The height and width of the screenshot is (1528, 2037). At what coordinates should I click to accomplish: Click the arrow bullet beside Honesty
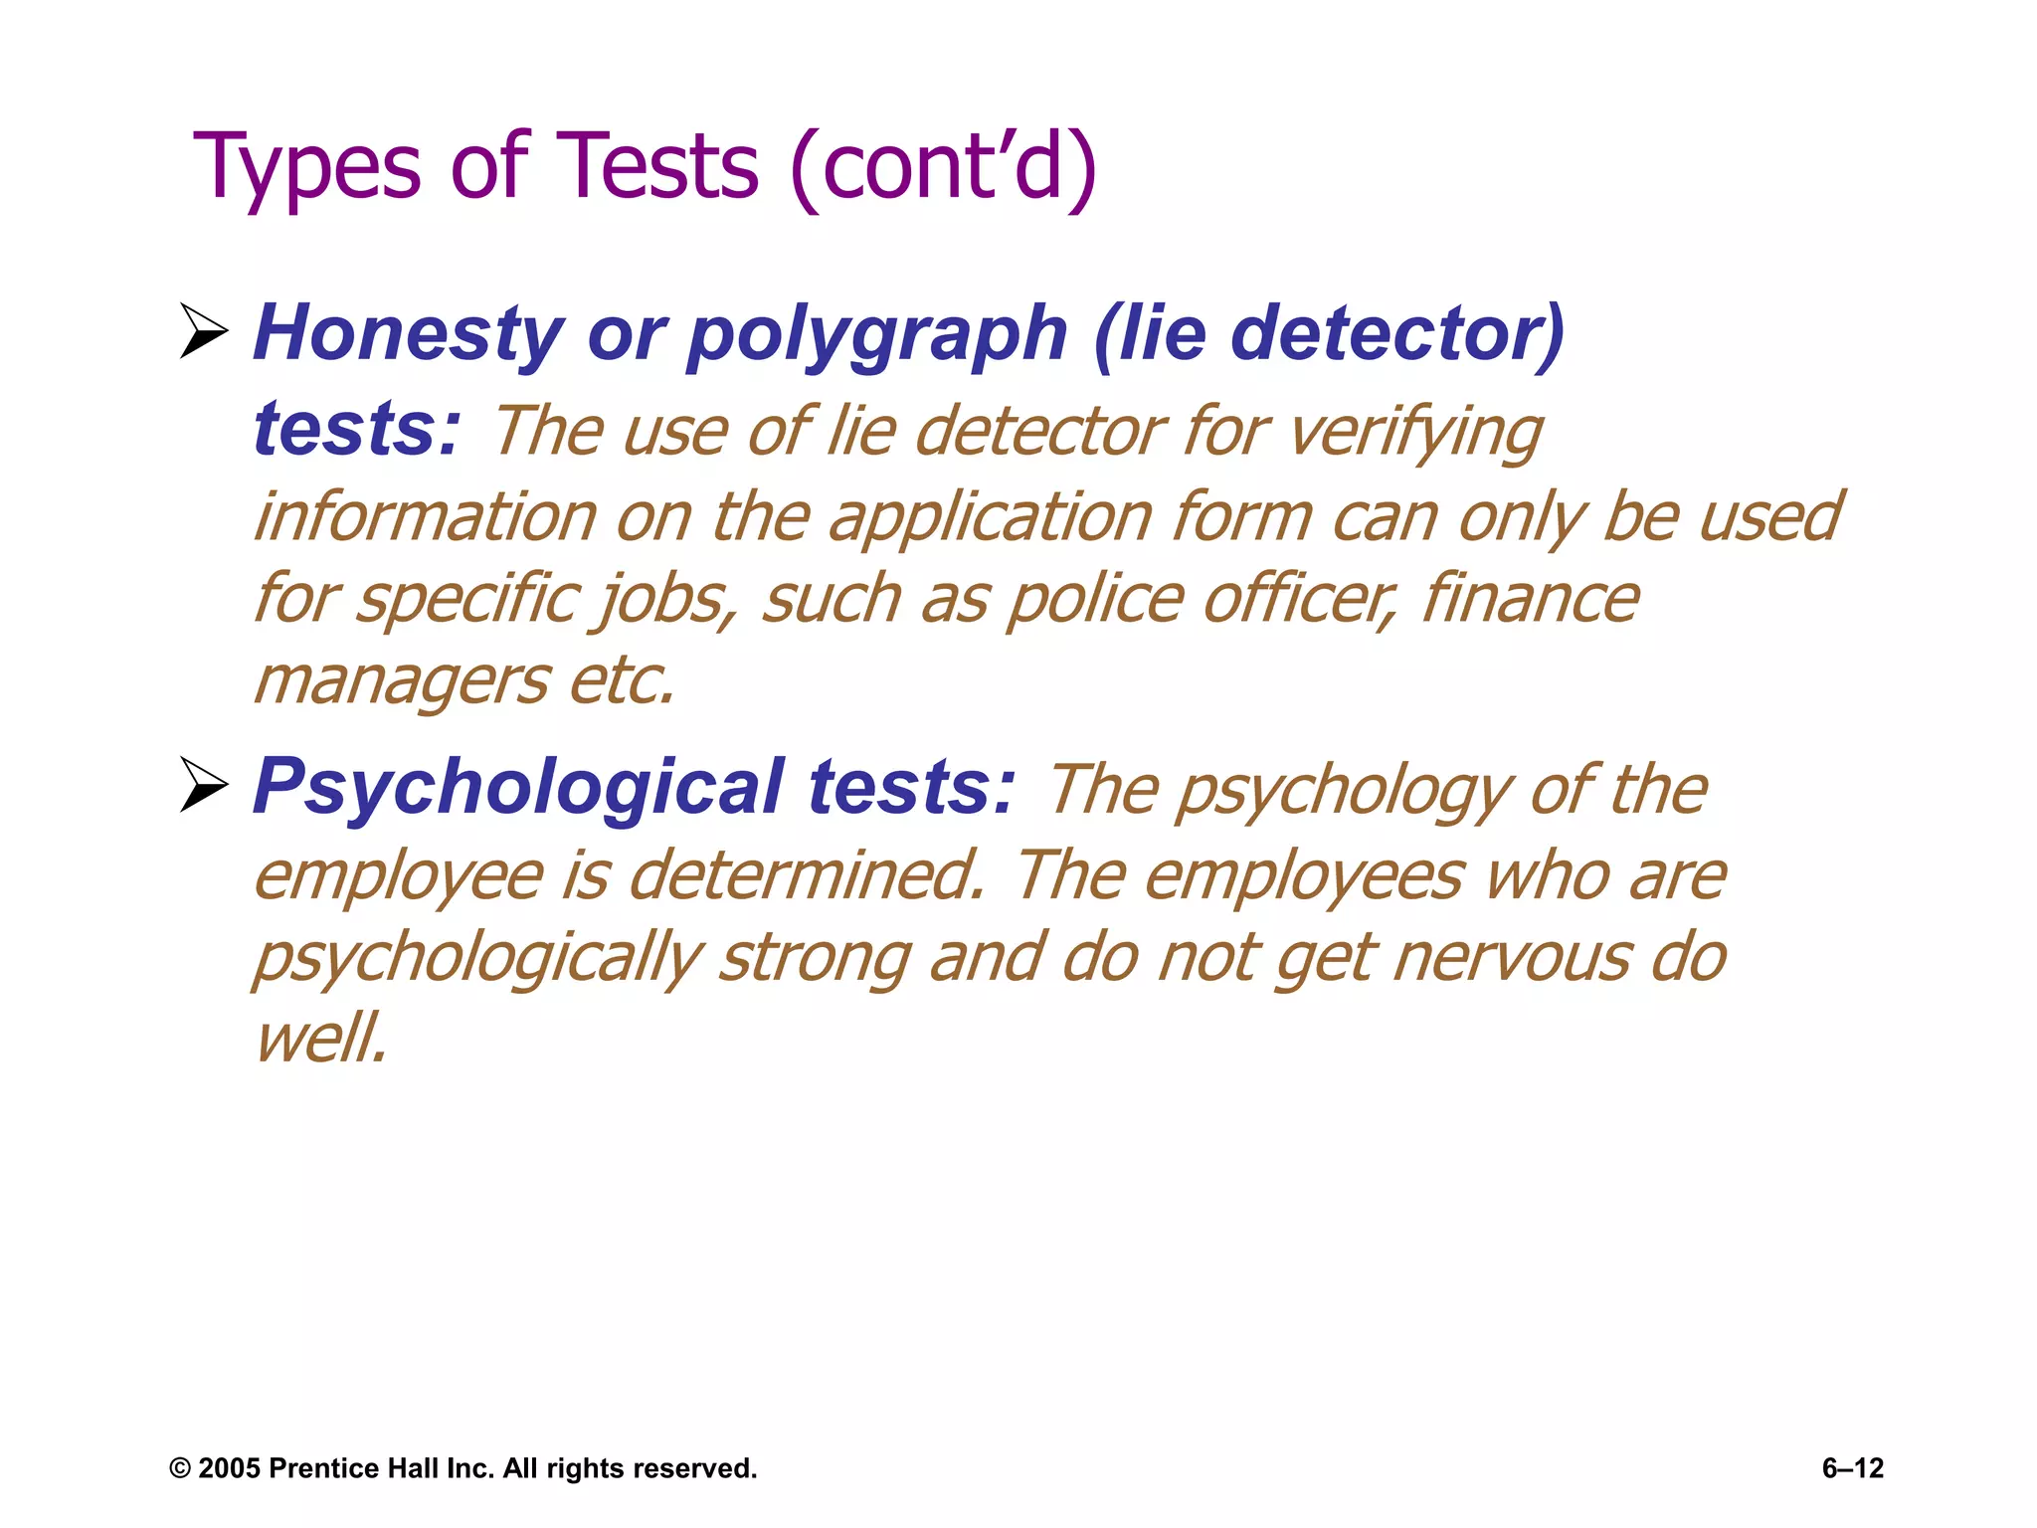(204, 331)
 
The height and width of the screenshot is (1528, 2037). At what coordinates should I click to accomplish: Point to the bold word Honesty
(408, 334)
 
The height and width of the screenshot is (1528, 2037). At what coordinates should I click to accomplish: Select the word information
(425, 517)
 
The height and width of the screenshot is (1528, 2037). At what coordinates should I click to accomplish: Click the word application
(990, 519)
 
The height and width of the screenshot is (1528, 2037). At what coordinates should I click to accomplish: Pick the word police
(1095, 601)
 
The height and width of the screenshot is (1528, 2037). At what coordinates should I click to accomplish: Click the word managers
(401, 683)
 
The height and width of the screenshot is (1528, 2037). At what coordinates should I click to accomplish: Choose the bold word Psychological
(518, 787)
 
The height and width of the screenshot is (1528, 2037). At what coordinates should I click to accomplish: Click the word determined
(807, 875)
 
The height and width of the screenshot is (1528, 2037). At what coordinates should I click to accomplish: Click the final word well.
(320, 1039)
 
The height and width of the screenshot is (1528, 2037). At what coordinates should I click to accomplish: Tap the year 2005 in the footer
(230, 1468)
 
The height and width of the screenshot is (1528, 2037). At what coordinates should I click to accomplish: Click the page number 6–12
(1852, 1468)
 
